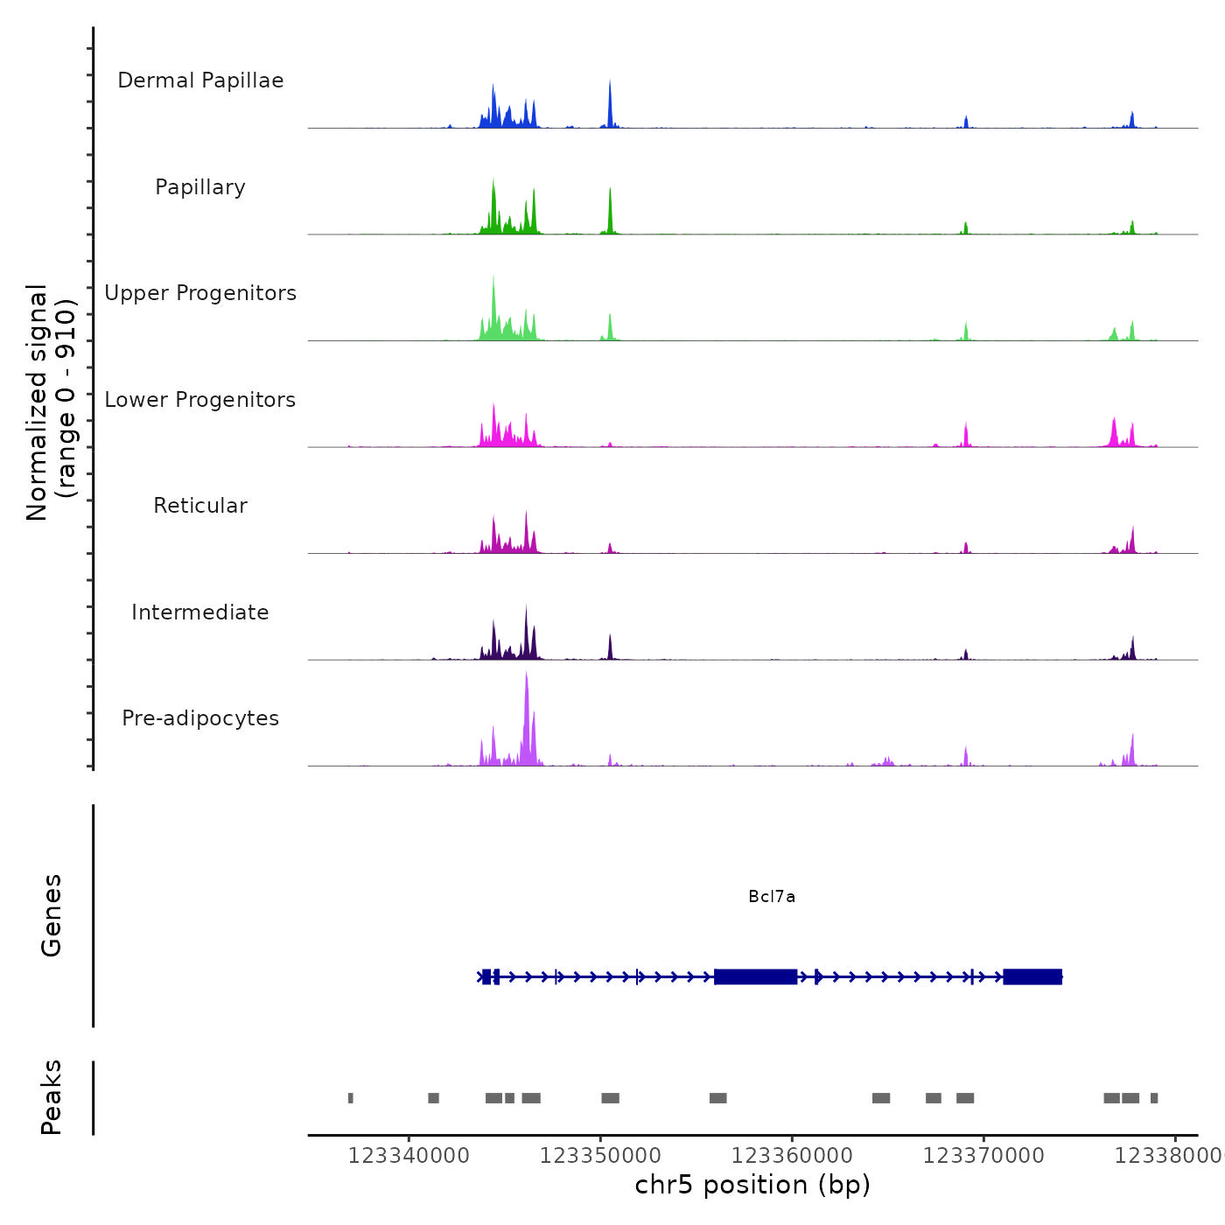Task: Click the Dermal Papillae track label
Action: coord(200,80)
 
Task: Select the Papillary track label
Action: coord(200,187)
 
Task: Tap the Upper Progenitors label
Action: coord(200,293)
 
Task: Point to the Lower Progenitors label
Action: coord(200,400)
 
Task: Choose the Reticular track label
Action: coord(200,506)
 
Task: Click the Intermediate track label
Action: coord(200,612)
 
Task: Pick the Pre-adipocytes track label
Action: coord(200,718)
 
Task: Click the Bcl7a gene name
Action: coord(772,897)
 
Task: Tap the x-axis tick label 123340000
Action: coord(409,1156)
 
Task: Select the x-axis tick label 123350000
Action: coord(600,1156)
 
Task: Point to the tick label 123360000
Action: coord(792,1156)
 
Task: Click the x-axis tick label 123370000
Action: coord(983,1156)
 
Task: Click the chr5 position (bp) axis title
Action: coord(752,1185)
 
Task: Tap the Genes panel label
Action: coord(52,915)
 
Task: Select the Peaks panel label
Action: coord(52,1097)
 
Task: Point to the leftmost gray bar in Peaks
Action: coord(351,1098)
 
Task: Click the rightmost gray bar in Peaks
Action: coord(1154,1098)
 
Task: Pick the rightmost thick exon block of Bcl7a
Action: coord(1032,976)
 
